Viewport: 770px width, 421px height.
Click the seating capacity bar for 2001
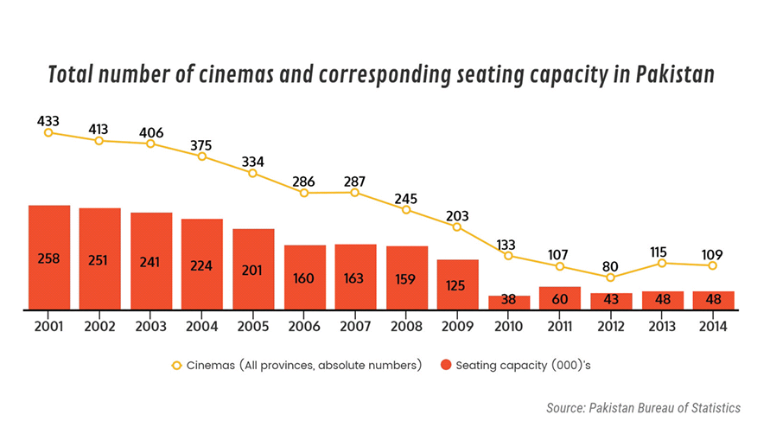click(x=49, y=257)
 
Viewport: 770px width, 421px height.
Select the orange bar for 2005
click(x=253, y=269)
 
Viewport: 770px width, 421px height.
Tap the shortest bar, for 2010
click(x=509, y=302)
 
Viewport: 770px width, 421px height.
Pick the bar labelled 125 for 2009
click(x=458, y=284)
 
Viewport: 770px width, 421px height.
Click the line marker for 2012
click(x=611, y=277)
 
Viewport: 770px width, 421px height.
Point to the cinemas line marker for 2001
click(x=49, y=132)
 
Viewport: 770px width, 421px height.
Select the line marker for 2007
click(x=355, y=192)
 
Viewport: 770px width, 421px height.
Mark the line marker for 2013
click(x=662, y=263)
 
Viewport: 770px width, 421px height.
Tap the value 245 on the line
click(x=406, y=198)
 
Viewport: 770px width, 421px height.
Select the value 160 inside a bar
click(x=304, y=278)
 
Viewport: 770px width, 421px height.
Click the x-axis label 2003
click(x=151, y=327)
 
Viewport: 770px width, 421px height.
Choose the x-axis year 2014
click(x=713, y=327)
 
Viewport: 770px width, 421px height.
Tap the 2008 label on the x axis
click(x=406, y=327)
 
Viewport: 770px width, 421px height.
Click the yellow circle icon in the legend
click(x=177, y=365)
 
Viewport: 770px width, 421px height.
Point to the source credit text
click(x=643, y=406)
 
